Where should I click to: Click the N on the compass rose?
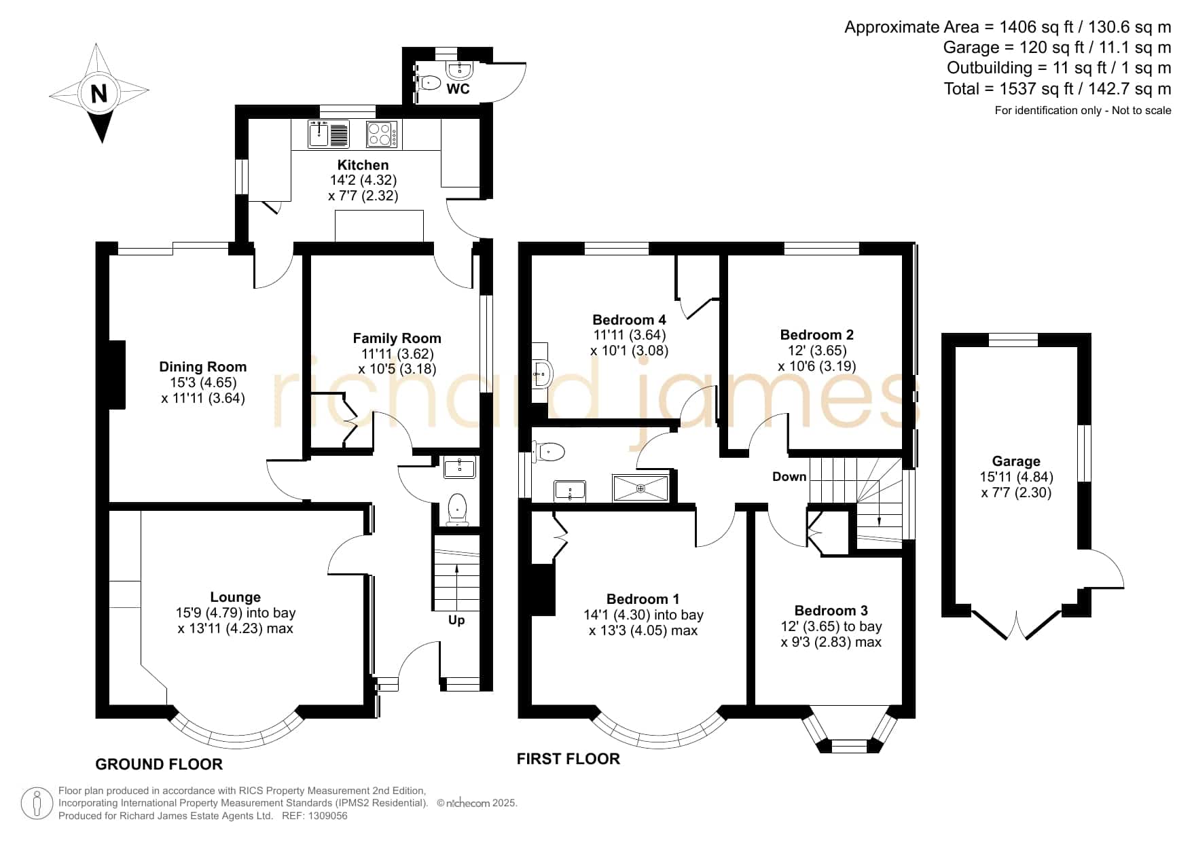coord(99,92)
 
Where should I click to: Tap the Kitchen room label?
coord(363,165)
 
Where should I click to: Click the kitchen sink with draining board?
coord(329,134)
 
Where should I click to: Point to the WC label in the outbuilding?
coord(458,89)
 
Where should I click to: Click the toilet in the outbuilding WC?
coord(429,83)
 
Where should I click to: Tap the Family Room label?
coord(397,338)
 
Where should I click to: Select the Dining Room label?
coord(203,367)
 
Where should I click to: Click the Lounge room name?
coord(236,597)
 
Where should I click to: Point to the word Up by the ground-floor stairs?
coord(456,620)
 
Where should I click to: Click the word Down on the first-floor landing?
coord(789,477)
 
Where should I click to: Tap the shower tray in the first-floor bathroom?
coord(640,488)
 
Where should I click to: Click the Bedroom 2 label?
coord(817,335)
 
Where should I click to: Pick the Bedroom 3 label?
coord(831,611)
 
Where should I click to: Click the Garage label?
coord(1016,461)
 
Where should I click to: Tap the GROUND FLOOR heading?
coord(159,764)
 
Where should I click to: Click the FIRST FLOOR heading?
coord(568,759)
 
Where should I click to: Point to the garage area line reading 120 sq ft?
coord(1058,48)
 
